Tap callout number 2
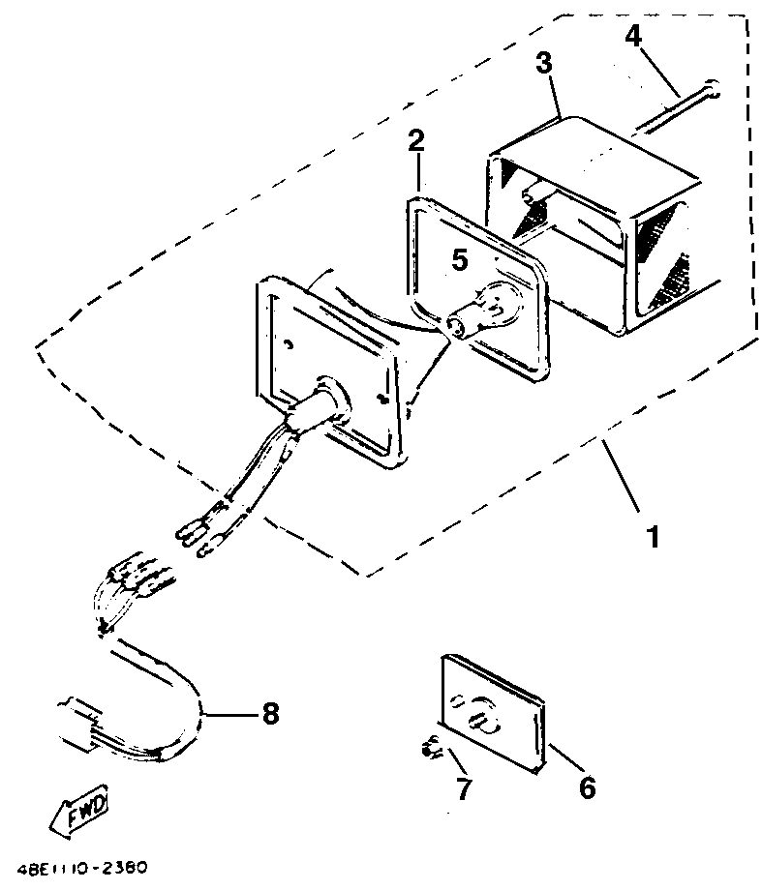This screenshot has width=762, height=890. coord(415,141)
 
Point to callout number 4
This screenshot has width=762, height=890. coord(632,37)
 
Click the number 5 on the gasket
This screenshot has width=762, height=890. coord(460,260)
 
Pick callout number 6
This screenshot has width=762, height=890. coord(587,787)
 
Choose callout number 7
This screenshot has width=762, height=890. coord(464,788)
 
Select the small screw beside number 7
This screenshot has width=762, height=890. coord(429,748)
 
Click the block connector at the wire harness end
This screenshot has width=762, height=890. coord(79,723)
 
